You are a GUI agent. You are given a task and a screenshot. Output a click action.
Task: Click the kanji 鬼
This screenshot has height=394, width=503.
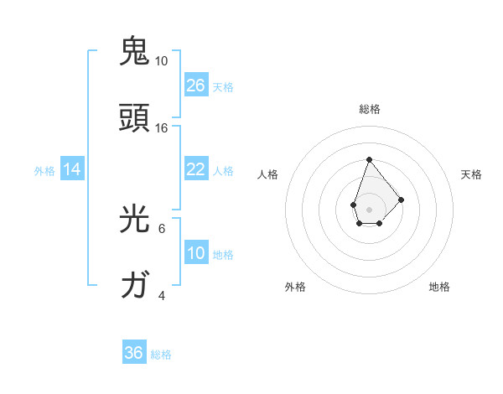(x=134, y=51)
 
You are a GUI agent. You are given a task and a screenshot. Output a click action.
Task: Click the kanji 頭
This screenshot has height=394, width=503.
(x=134, y=117)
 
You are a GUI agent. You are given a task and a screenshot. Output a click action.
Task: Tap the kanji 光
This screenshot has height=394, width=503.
(x=134, y=218)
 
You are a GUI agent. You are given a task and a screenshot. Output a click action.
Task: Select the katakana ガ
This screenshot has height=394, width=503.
(x=134, y=285)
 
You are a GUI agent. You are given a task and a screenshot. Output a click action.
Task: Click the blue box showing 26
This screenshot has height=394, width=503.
(x=196, y=85)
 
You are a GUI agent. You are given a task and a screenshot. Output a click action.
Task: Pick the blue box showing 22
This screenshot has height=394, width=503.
(x=196, y=169)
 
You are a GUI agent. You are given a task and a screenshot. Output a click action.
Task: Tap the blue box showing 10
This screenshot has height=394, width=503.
(x=196, y=253)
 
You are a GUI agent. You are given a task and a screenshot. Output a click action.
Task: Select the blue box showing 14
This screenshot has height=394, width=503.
(x=72, y=169)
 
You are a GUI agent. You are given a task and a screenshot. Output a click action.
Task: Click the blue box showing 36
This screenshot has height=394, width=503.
(x=134, y=353)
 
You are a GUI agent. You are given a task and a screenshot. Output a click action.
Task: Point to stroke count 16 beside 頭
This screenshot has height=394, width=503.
(x=162, y=127)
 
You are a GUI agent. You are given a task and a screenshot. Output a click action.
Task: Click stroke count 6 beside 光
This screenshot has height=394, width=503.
(x=162, y=228)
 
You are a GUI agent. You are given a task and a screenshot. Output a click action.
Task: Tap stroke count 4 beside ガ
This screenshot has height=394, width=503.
(x=162, y=295)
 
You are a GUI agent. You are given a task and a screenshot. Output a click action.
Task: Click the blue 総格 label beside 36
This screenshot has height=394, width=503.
(x=161, y=355)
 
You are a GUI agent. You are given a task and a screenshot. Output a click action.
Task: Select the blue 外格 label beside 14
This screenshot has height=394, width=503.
(x=44, y=170)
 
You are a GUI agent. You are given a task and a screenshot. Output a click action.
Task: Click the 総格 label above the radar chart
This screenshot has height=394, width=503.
(x=369, y=109)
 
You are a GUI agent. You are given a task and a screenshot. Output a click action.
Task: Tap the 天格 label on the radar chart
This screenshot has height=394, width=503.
(x=472, y=174)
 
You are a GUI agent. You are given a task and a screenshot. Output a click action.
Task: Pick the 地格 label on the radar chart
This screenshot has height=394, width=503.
(x=439, y=287)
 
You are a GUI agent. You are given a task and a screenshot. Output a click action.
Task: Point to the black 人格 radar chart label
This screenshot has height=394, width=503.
(x=268, y=174)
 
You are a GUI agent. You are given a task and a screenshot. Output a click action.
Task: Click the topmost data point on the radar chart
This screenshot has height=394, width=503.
(x=369, y=159)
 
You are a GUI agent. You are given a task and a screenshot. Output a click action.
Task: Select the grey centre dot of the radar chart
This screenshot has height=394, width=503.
(x=369, y=209)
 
